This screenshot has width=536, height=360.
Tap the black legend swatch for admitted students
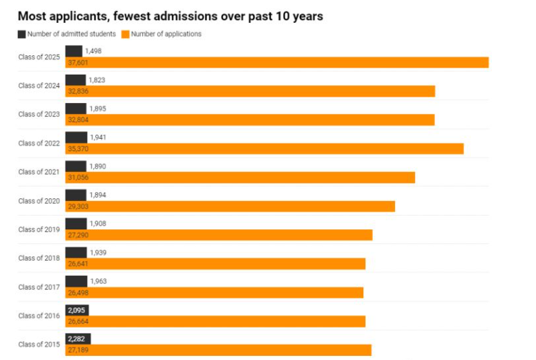(x=21, y=34)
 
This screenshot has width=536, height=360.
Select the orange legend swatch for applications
(x=125, y=34)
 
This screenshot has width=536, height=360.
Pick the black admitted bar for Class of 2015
(x=77, y=339)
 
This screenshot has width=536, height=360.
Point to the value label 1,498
(x=93, y=51)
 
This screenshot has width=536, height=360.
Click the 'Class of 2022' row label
(x=39, y=143)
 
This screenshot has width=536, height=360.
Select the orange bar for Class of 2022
(x=276, y=149)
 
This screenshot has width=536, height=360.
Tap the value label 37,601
(x=77, y=63)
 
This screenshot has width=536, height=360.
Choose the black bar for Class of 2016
(x=77, y=310)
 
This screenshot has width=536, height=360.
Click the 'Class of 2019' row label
(x=39, y=229)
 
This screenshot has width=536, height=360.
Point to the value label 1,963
(x=99, y=281)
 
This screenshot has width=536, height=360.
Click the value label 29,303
(x=77, y=206)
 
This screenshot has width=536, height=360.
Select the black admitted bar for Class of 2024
(x=75, y=80)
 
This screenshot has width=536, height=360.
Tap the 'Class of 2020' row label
(x=39, y=201)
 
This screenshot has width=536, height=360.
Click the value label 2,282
(x=76, y=339)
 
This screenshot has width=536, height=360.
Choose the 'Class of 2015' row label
(x=39, y=344)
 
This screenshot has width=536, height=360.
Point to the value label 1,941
(x=99, y=138)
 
